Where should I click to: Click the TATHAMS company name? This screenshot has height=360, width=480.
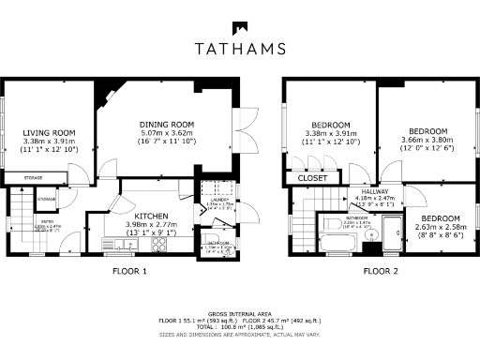coord(240,49)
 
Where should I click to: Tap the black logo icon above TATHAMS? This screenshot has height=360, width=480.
coord(240,27)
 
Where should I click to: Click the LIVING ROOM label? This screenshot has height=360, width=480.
coord(49,133)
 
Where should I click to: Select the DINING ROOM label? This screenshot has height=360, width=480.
coord(166,125)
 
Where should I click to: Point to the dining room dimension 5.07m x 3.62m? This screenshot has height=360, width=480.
coord(166,133)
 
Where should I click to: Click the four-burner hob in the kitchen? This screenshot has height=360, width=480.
coord(158,247)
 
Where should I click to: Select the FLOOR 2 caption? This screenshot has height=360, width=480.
coord(382,272)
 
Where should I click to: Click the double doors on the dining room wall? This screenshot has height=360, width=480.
coord(246,127)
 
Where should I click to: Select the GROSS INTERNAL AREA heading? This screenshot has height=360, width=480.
coord(239,313)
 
